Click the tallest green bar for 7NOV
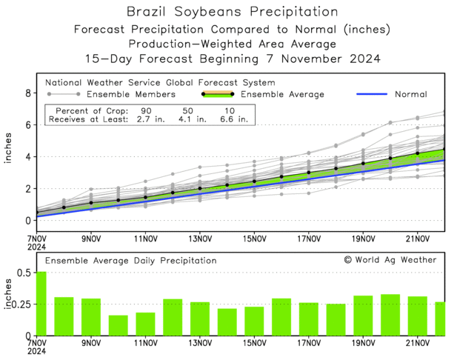[41, 304]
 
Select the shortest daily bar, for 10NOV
[119, 325]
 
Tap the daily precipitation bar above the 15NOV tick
[255, 321]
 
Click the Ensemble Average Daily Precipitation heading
[131, 261]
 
